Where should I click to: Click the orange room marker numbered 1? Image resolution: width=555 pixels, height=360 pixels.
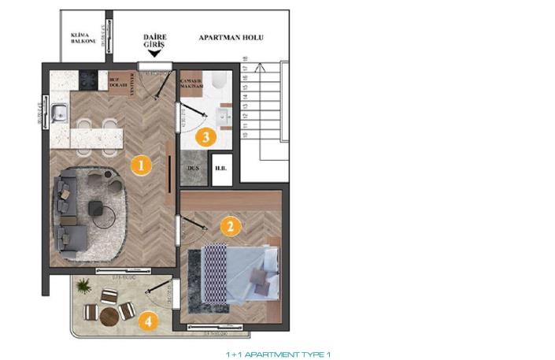pyautogui.click(x=140, y=165)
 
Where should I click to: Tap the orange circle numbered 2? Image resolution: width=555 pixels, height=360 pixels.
pyautogui.click(x=229, y=228)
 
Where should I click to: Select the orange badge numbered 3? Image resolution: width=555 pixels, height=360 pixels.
pyautogui.click(x=205, y=137)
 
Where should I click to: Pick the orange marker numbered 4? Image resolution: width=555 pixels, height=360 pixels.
pyautogui.click(x=146, y=321)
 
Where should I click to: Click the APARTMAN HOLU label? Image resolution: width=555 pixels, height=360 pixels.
pyautogui.click(x=231, y=38)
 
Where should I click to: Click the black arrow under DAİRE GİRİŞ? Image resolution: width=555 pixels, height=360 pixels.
pyautogui.click(x=154, y=54)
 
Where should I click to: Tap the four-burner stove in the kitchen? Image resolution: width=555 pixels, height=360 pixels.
pyautogui.click(x=87, y=80)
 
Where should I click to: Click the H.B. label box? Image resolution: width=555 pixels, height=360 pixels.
pyautogui.click(x=222, y=169)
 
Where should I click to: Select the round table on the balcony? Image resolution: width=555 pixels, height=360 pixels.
pyautogui.click(x=109, y=315)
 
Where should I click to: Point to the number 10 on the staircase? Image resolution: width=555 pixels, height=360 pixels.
pyautogui.click(x=246, y=135)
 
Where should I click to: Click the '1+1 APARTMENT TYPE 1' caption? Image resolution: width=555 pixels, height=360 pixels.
pyautogui.click(x=279, y=354)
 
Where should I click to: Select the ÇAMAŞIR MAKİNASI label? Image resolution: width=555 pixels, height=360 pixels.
pyautogui.click(x=193, y=84)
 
